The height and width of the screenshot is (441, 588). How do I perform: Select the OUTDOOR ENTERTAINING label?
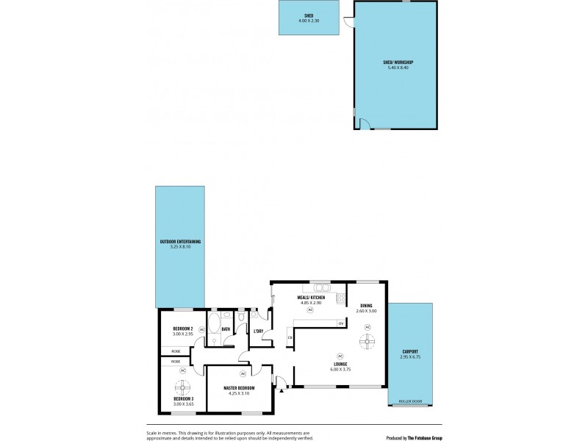point(180,241)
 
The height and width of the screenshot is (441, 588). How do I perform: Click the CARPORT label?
point(410,352)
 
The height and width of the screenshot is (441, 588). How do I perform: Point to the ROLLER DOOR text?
point(410,401)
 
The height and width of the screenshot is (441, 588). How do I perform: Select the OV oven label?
point(341,323)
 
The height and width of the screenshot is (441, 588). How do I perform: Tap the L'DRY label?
point(258,331)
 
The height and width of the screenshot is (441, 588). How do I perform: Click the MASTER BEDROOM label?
point(240,387)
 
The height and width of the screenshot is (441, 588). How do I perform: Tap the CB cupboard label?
point(290,337)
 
